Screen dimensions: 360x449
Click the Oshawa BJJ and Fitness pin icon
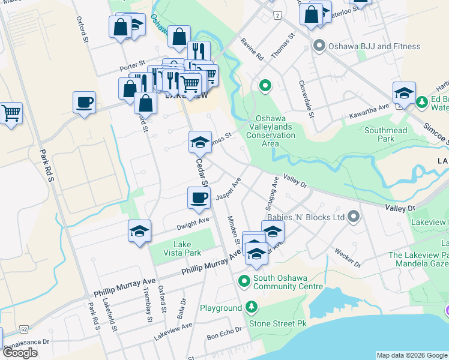tap(319, 46)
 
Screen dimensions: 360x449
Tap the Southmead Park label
tap(385, 134)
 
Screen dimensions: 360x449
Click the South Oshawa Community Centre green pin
tap(244, 281)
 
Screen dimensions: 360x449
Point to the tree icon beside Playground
tap(252, 308)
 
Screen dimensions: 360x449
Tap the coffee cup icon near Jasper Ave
tap(199, 197)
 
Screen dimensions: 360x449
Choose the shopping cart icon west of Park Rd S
tap(11, 112)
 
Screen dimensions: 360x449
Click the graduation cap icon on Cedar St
tap(200, 142)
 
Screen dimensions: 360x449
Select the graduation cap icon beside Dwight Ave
tap(139, 231)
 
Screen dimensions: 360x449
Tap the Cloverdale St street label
tap(307, 94)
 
